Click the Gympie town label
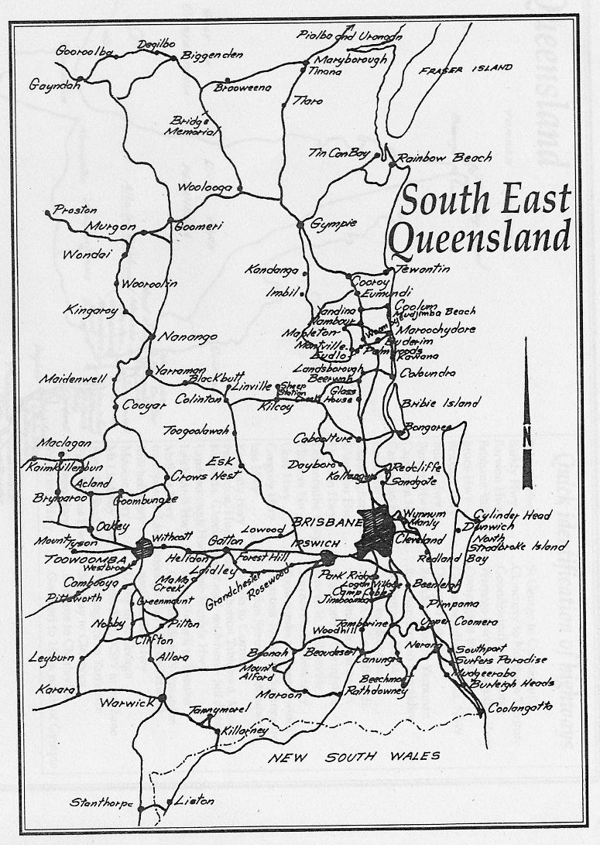pyautogui.click(x=334, y=224)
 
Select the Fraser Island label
pyautogui.click(x=466, y=69)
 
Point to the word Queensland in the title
pyautogui.click(x=479, y=235)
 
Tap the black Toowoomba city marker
pyautogui.click(x=142, y=548)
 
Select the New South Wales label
pyautogui.click(x=354, y=756)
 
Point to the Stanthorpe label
pyautogui.click(x=101, y=802)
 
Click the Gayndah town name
pyautogui.click(x=55, y=85)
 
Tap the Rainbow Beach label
pyautogui.click(x=444, y=158)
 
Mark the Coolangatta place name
pyautogui.click(x=520, y=708)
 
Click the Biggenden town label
pyautogui.click(x=211, y=55)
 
